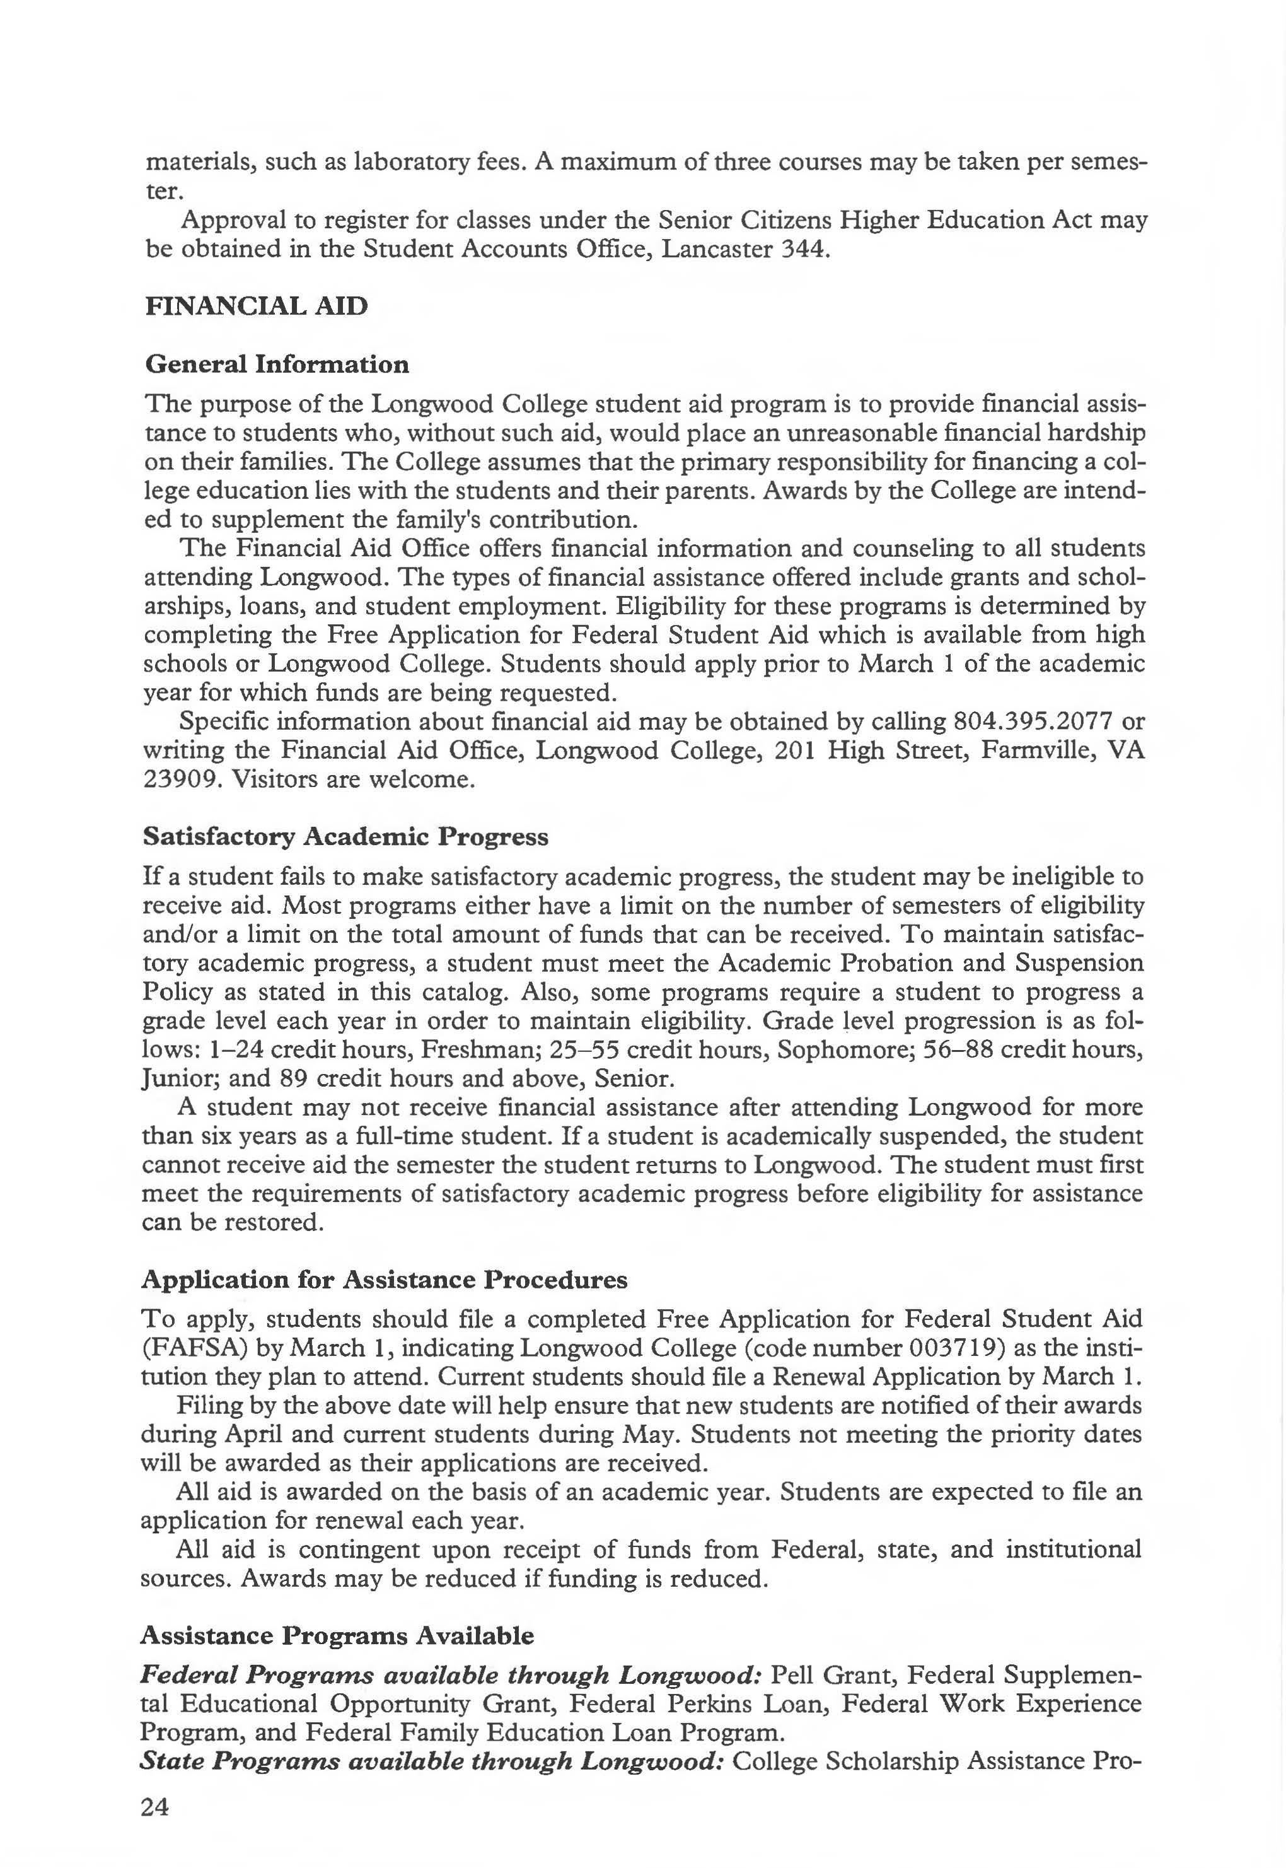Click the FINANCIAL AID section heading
(256, 306)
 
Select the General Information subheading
(276, 365)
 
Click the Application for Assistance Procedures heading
(385, 1280)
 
